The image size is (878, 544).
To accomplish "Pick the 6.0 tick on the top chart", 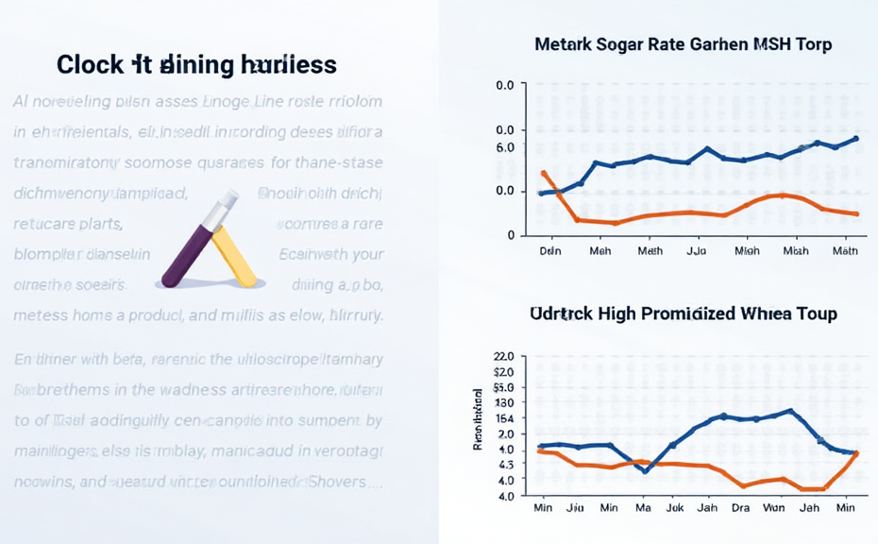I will pyautogui.click(x=505, y=147).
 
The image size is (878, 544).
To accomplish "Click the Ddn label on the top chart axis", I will pyautogui.click(x=549, y=251).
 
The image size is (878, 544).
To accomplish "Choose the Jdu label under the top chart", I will pyautogui.click(x=697, y=251).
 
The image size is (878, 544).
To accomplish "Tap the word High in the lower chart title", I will pyautogui.click(x=605, y=313).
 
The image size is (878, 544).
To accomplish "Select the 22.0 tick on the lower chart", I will pyautogui.click(x=503, y=357).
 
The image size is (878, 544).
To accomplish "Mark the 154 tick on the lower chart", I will pyautogui.click(x=504, y=417).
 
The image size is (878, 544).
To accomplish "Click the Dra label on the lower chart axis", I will pyautogui.click(x=741, y=507).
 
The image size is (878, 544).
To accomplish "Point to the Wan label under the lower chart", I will pyautogui.click(x=773, y=507).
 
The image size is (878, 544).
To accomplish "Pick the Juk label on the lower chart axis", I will pyautogui.click(x=674, y=507).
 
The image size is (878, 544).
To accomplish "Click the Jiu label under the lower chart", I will pyautogui.click(x=575, y=507).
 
